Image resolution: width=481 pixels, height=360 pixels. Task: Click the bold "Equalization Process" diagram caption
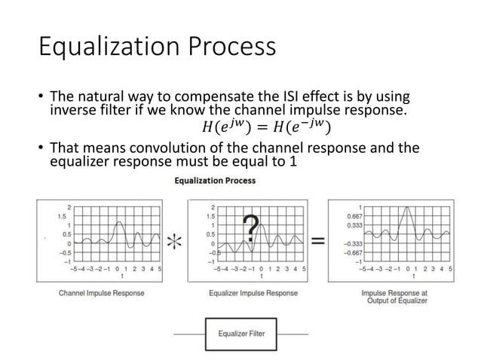(x=215, y=181)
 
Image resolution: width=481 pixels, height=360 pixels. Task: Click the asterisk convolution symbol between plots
(x=175, y=242)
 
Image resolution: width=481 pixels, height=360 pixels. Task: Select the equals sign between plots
(x=319, y=241)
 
